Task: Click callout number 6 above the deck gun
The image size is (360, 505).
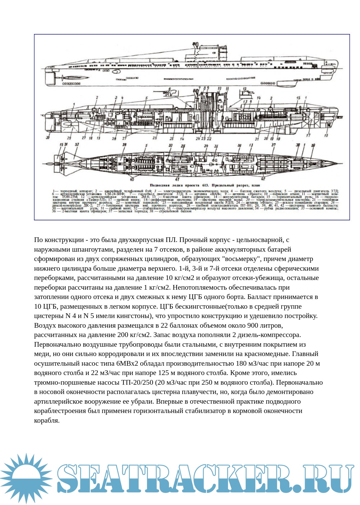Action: [170, 89]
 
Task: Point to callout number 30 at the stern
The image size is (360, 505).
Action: [48, 138]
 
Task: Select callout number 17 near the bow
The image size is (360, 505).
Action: [308, 135]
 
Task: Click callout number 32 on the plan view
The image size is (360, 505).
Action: [77, 145]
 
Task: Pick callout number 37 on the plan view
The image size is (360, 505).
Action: [273, 145]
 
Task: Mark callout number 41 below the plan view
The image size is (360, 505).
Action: [177, 179]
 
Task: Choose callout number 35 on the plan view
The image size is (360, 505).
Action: [216, 146]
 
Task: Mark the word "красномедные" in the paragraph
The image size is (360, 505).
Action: [297, 354]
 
